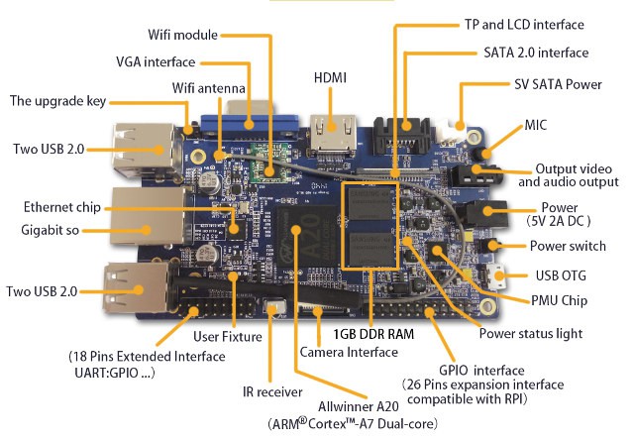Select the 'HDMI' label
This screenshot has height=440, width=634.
(x=332, y=77)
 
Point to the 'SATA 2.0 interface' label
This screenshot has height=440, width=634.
(x=536, y=53)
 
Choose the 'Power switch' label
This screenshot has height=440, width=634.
(x=574, y=247)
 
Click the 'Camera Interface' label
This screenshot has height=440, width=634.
(x=349, y=352)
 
